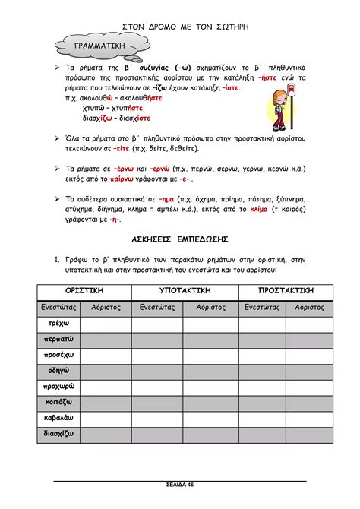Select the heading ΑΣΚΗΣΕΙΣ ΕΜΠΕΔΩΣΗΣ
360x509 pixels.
click(180, 239)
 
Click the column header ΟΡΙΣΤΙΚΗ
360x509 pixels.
click(84, 291)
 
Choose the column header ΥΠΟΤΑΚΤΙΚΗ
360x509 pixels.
click(185, 291)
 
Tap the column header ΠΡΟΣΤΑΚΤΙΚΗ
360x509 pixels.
click(286, 291)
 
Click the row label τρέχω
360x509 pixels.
click(58, 323)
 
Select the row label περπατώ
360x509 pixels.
click(58, 339)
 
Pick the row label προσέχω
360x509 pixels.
click(58, 355)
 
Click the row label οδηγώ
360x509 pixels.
click(58, 371)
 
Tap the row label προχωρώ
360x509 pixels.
click(58, 387)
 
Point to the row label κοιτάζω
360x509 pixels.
click(58, 403)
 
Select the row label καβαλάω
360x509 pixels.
click(58, 419)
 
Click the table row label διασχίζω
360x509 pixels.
click(58, 435)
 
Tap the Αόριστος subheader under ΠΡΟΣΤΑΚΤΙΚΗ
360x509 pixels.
click(309, 307)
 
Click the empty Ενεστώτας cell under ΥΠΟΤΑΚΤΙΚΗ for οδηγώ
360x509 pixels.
click(157, 371)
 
